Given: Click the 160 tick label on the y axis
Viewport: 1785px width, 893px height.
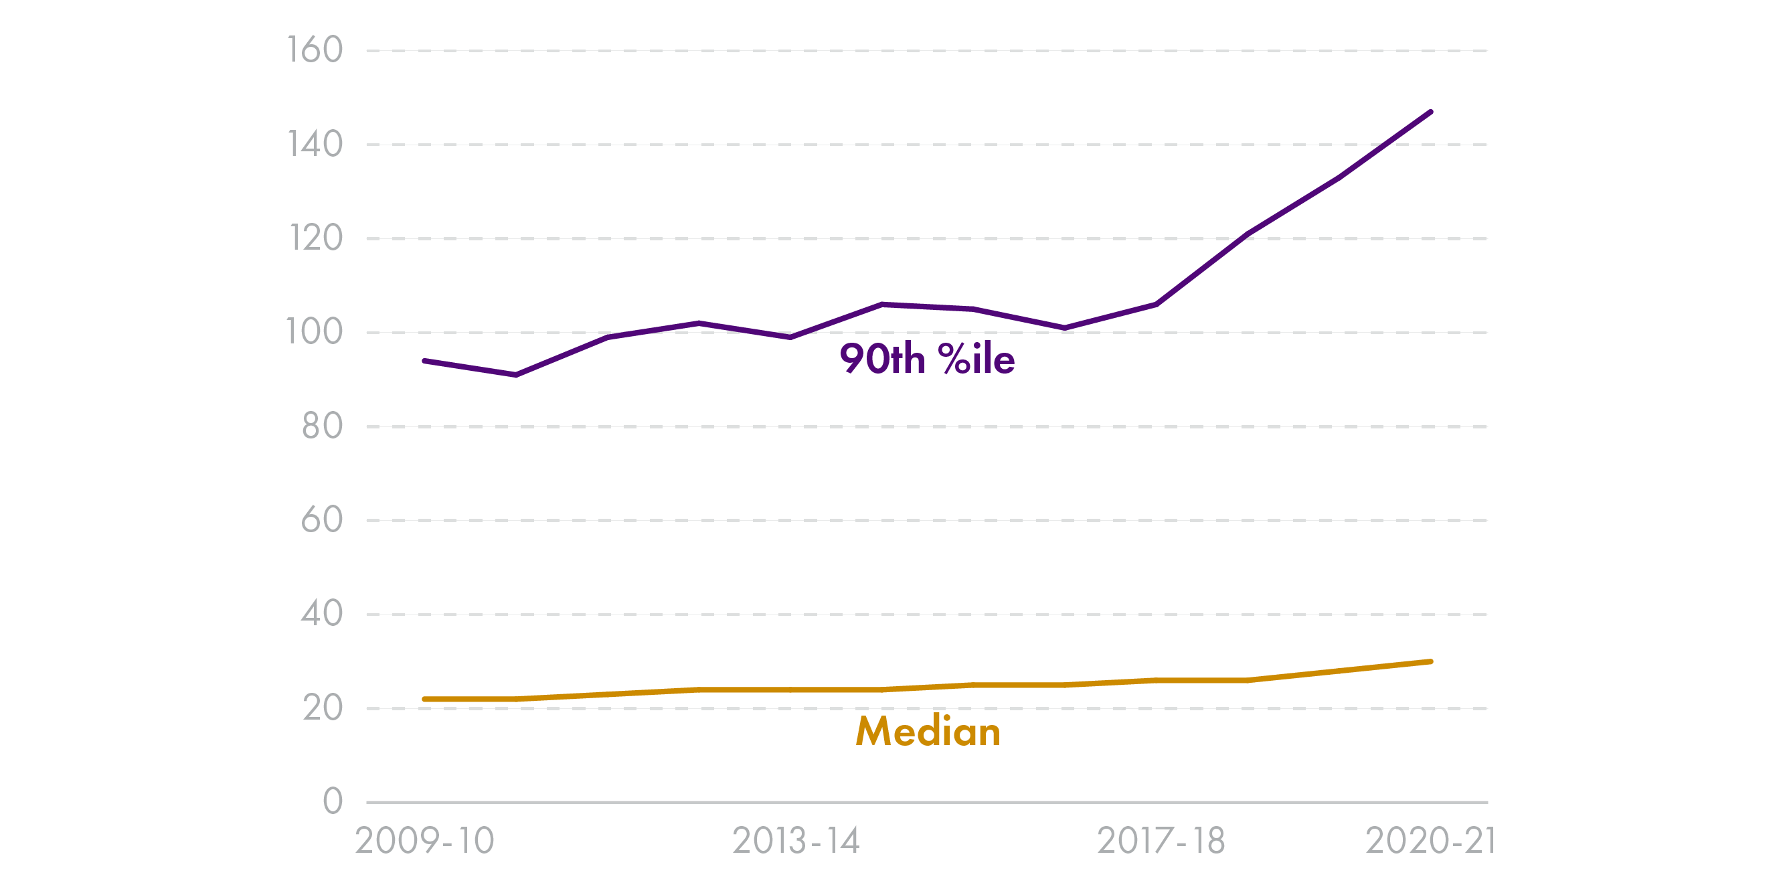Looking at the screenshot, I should pos(315,51).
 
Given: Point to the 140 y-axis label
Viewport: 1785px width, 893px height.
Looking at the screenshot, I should pos(315,144).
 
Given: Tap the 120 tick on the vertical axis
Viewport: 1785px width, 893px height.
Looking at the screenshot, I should pos(315,238).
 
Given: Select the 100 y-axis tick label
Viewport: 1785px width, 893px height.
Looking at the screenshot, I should pos(315,332).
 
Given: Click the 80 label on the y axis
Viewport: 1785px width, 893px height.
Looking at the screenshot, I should pos(322,426).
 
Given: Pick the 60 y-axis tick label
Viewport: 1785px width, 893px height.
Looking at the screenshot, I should pos(322,520).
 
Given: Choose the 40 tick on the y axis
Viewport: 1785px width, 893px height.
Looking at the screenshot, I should pos(322,615).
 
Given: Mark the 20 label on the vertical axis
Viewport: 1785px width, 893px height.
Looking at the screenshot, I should pos(322,708).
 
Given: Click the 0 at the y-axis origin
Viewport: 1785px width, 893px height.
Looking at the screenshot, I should pos(333,801).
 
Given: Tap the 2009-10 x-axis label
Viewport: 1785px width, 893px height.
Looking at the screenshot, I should pos(424,841).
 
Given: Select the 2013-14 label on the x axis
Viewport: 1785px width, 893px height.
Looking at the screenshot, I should pos(796,841).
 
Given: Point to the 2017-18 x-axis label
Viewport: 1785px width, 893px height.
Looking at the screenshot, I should pos(1161,841).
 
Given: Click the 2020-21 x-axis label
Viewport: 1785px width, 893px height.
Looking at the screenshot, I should pos(1430,841).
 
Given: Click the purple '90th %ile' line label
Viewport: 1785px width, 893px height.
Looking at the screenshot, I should pos(927,359).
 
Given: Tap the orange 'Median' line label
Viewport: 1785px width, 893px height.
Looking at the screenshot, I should pos(928,732).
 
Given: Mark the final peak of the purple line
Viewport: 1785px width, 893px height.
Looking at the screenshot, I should pos(1430,112).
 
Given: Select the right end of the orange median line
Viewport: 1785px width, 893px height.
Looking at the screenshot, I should pos(1430,662).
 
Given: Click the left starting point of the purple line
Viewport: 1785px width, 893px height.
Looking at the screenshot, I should pos(425,361).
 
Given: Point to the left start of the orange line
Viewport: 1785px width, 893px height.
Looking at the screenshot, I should pos(425,699).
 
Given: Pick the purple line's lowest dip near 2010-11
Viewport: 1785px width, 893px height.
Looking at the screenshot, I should pos(516,375).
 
